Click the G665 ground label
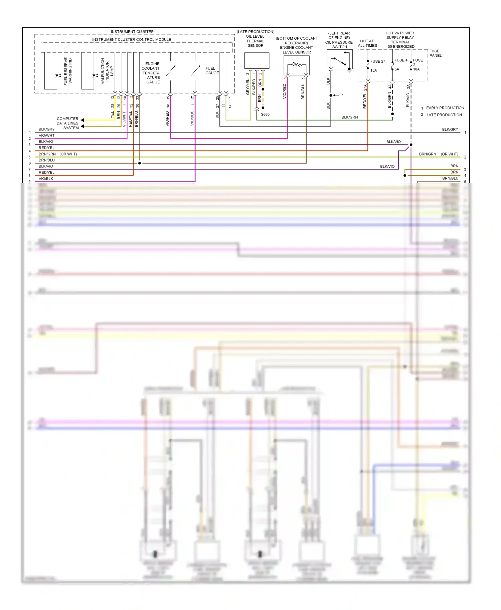pos(265,114)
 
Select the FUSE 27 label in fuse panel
pos(377,61)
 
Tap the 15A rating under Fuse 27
pos(373,70)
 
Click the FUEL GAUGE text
pos(212,70)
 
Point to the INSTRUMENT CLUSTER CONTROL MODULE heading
pos(132,39)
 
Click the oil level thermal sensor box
pos(257,61)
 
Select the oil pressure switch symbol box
pos(340,59)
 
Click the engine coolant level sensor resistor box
pos(296,65)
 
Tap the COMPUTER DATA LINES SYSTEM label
pos(67,123)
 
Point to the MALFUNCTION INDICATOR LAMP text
pos(107,71)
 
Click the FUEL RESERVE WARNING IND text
pos(68,71)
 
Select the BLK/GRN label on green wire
pos(349,117)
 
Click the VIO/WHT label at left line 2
pos(46,135)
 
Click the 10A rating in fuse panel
pos(416,69)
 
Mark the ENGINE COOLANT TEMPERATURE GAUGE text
pos(152,73)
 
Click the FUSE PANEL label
pos(435,53)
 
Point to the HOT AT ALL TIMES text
pos(367,43)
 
